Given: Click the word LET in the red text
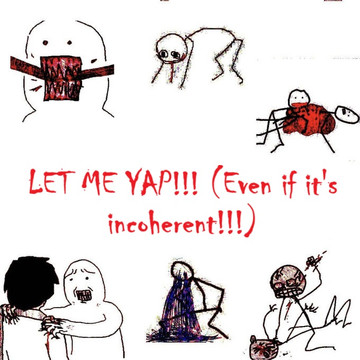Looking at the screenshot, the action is click(x=50, y=183).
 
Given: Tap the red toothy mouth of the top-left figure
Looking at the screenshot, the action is click(x=61, y=78).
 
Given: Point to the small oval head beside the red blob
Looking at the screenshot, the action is click(x=347, y=115).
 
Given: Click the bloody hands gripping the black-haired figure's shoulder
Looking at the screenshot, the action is click(x=53, y=325).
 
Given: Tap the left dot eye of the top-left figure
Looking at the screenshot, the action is click(x=45, y=43).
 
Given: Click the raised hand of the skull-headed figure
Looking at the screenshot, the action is click(x=312, y=260).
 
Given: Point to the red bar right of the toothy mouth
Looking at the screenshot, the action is click(x=97, y=72).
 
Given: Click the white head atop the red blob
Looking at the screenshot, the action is click(x=299, y=98).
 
